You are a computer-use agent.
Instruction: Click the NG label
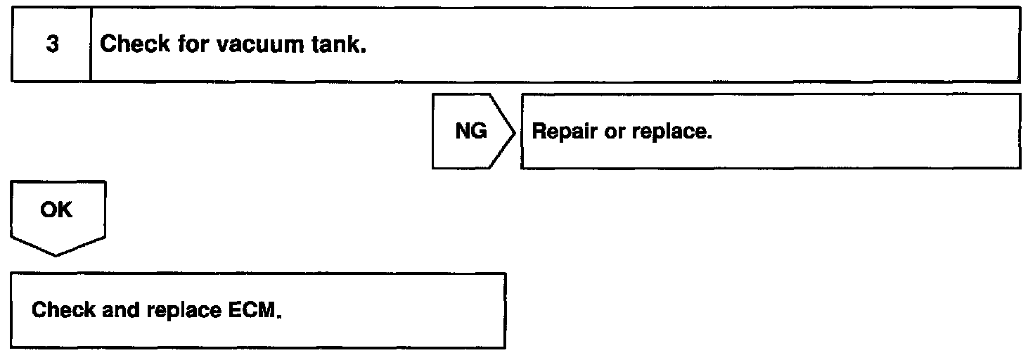[x=471, y=132]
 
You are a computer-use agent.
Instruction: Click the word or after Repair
[x=613, y=132]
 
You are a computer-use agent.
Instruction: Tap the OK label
[x=57, y=210]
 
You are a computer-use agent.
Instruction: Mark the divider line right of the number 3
[x=91, y=45]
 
